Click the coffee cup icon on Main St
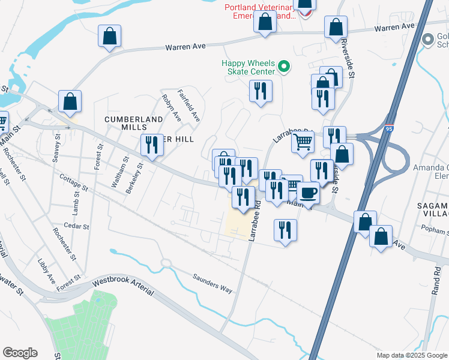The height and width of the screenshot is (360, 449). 308,193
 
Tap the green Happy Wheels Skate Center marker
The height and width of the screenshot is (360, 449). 285,66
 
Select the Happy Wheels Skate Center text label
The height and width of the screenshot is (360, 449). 248,67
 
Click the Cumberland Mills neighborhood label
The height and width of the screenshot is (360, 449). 125,123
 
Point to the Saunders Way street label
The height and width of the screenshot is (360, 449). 212,284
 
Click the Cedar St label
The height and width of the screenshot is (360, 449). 77,227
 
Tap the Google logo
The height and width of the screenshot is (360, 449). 20,352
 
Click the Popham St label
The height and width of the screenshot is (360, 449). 434,231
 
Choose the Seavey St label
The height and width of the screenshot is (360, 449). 58,145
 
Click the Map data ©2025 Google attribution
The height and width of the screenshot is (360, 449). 411,355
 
